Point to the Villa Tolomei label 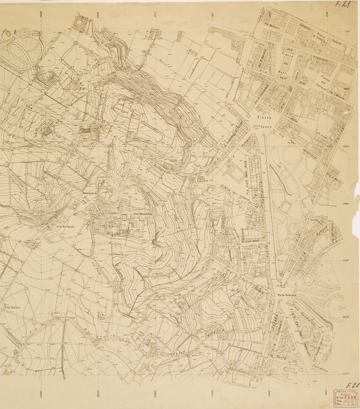[x=12, y=307]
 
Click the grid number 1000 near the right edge [x=347, y=88]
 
